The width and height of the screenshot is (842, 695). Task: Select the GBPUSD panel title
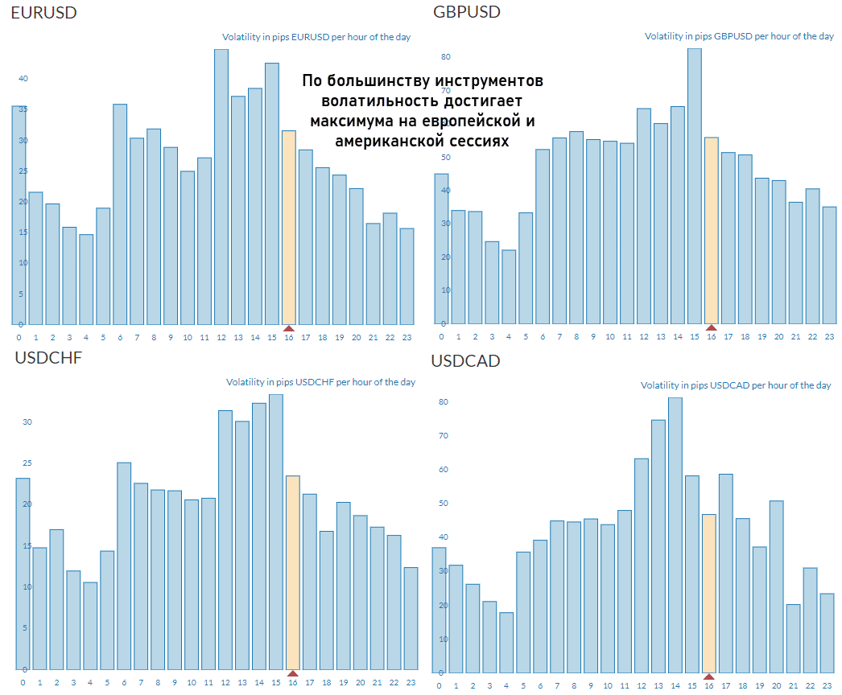(467, 12)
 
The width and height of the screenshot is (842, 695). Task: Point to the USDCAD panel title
(465, 361)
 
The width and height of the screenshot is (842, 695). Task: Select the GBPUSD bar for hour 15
(695, 186)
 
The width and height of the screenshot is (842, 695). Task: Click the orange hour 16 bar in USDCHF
(293, 572)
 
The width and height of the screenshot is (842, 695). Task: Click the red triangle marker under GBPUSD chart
(711, 327)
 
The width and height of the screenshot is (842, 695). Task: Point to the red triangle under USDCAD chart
(709, 676)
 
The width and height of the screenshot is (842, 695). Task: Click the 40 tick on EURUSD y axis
(23, 79)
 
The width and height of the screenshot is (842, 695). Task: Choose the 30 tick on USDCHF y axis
(27, 422)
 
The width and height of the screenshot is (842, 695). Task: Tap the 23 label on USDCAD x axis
(827, 686)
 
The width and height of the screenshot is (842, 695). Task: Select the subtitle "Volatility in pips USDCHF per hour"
(320, 382)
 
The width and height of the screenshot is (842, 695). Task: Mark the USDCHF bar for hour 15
(276, 532)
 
